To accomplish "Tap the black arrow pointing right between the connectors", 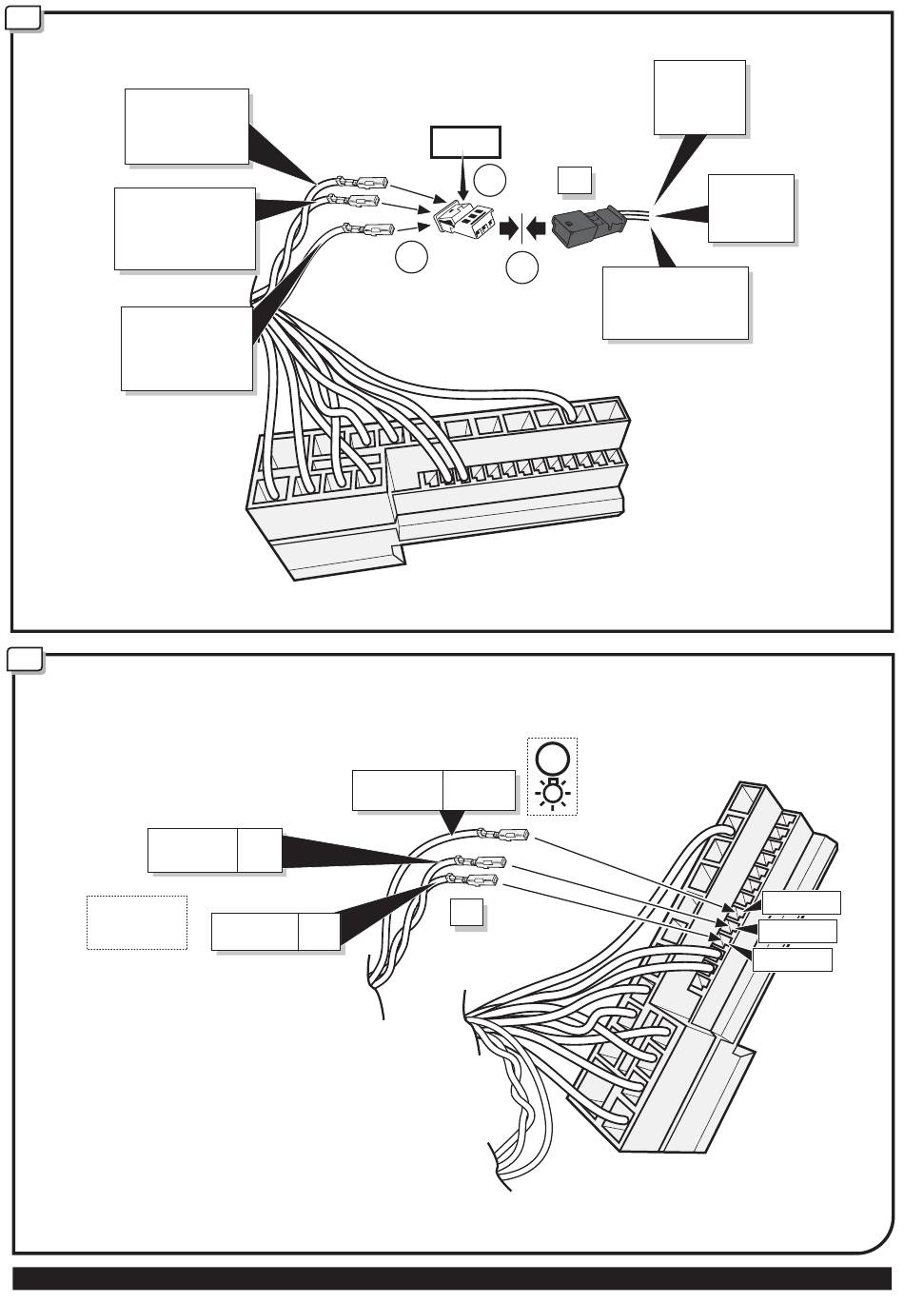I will tap(510, 227).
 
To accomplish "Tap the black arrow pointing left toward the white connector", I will tap(536, 227).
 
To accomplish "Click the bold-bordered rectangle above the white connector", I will tap(464, 142).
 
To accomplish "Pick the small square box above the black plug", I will tap(574, 179).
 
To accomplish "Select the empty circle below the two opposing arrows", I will tap(521, 268).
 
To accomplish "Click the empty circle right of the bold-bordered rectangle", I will tap(491, 179).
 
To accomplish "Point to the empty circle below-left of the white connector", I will tap(411, 256).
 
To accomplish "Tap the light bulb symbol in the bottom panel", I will tap(553, 792).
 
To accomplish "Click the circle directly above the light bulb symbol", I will tap(553, 759).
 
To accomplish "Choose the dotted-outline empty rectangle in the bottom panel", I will tap(136, 921).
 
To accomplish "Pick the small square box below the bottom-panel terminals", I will tap(466, 913).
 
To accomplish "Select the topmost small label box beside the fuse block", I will tap(801, 902).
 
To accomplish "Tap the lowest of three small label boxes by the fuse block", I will tap(792, 959).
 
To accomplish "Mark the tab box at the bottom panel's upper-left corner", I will tap(25, 660).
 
